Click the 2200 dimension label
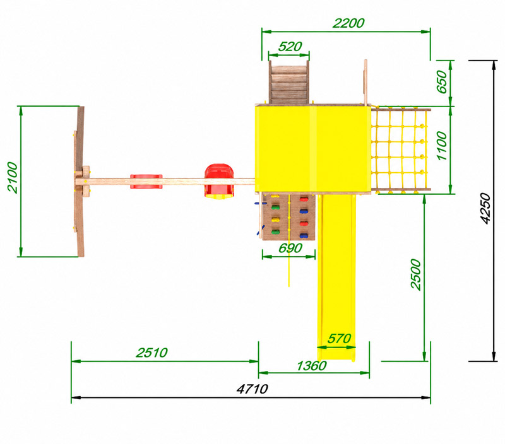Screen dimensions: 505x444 point(348,23)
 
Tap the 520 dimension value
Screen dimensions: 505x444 point(290,47)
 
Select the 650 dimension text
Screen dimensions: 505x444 point(443,82)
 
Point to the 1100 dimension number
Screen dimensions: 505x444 point(443,146)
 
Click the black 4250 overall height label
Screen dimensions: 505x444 point(485,208)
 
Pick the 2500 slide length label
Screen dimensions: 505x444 point(416,274)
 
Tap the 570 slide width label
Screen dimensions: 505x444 point(339,339)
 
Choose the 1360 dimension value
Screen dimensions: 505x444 point(311,366)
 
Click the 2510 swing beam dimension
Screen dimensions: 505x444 point(151,353)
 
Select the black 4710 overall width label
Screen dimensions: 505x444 point(252,389)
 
